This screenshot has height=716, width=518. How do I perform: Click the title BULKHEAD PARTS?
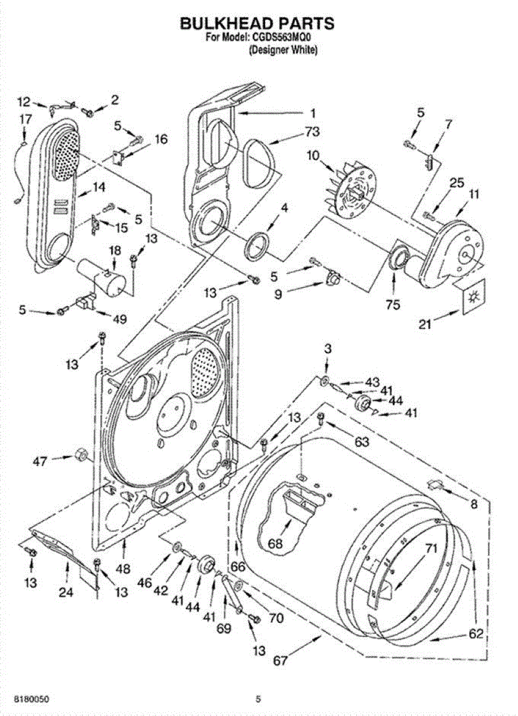(257, 23)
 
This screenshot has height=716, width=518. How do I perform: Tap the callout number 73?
(312, 131)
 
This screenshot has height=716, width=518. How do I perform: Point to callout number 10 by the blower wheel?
(314, 156)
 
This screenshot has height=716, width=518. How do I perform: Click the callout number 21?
(425, 325)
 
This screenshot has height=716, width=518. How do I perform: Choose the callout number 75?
(393, 305)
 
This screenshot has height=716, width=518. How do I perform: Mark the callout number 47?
(40, 461)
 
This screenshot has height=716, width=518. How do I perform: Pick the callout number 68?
(275, 543)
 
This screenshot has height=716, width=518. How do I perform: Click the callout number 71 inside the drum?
(431, 549)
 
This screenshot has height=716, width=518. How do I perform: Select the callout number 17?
(25, 119)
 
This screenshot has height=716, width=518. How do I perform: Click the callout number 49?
(120, 319)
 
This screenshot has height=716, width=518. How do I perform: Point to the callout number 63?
(362, 442)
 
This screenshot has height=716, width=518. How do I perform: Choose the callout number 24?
(66, 592)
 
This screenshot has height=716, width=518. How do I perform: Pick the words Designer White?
(283, 50)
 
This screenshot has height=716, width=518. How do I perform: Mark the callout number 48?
(123, 569)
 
